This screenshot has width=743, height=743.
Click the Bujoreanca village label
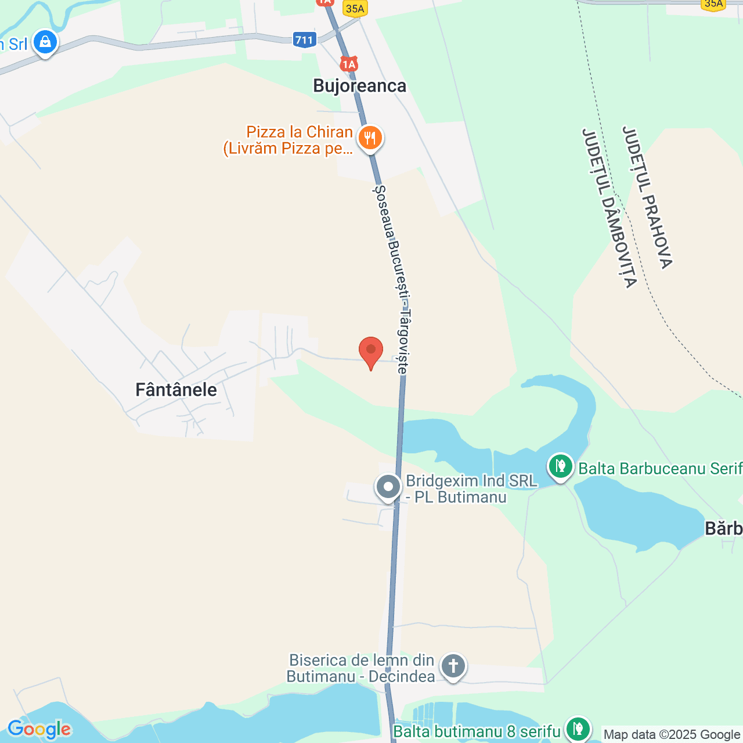pos(359,86)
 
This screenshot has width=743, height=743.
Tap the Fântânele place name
pos(176,389)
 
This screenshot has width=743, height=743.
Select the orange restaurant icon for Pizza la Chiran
pos(370,138)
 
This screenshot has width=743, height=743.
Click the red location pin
pos(371,351)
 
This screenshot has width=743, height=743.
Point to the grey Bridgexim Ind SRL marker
pos(388,486)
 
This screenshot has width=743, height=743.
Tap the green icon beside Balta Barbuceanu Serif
pos(560,466)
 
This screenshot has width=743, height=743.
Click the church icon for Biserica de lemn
pos(453,666)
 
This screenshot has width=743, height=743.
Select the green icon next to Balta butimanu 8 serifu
pos(578,728)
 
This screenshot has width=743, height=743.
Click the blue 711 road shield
pos(304,40)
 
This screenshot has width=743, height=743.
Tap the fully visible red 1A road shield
pos(349,64)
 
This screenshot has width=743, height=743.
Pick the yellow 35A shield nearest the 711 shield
pos(355,9)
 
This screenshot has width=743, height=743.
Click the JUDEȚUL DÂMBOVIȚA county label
pos(609,208)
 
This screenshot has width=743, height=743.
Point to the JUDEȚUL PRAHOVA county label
pos(647,197)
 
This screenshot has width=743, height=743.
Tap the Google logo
pos(39,729)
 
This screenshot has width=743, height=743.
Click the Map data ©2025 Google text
pos(672,735)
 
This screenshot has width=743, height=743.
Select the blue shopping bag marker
pos(45,42)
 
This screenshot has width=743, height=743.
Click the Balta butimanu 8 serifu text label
pos(477,731)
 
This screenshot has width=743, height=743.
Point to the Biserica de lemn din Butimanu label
pos(361,668)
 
